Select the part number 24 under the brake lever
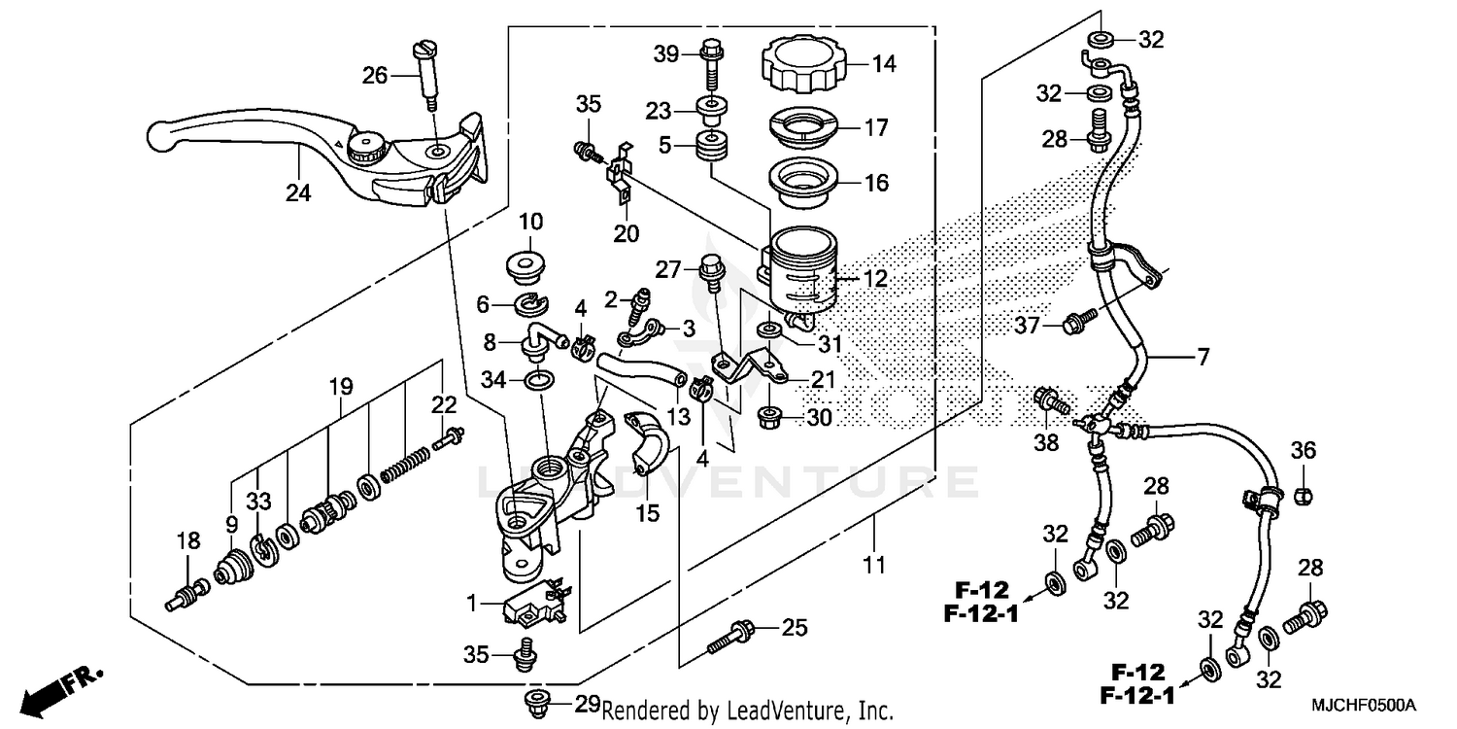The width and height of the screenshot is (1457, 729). pos(298,193)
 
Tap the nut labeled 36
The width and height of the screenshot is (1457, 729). pos(1305,495)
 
